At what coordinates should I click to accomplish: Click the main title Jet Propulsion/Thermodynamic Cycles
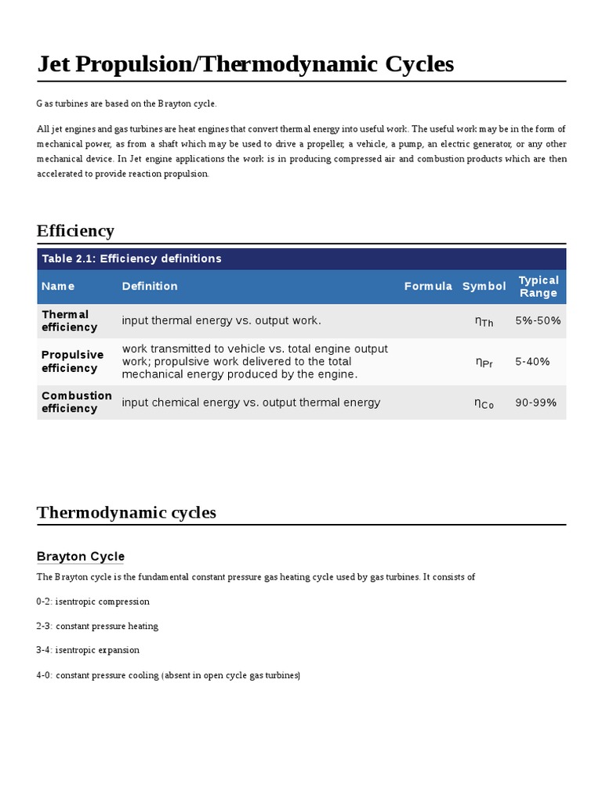tap(245, 64)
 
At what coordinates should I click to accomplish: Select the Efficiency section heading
tap(75, 230)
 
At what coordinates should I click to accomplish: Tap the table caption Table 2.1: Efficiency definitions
tap(132, 258)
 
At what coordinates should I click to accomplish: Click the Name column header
tap(58, 286)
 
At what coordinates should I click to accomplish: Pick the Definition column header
tap(150, 286)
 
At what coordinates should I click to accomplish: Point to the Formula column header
tap(428, 286)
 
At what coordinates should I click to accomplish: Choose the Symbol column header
tap(484, 286)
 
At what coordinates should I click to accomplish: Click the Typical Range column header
tap(539, 286)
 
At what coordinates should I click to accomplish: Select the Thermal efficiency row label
tap(70, 320)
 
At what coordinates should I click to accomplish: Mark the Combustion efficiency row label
tap(76, 402)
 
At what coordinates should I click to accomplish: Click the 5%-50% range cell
tap(538, 320)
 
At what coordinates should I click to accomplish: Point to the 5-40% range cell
tap(532, 361)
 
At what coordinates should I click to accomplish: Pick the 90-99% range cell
tap(535, 403)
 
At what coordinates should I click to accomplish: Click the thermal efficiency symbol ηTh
tap(484, 321)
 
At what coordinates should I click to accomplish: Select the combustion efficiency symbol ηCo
tap(484, 403)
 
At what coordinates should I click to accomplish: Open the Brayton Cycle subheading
tap(80, 556)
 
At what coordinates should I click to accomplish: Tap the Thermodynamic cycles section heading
tap(126, 512)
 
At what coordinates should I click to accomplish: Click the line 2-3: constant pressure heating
tap(97, 626)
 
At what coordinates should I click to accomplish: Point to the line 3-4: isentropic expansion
tap(88, 650)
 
